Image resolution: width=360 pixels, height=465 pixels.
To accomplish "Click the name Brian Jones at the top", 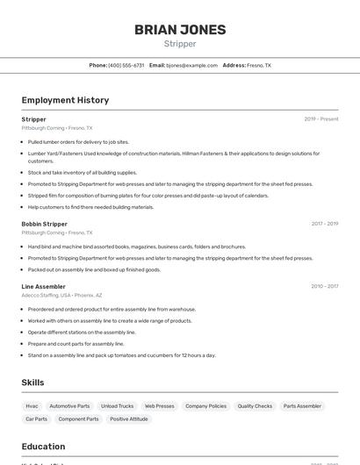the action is (x=180, y=29).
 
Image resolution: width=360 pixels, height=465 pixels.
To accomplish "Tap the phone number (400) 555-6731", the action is (x=126, y=65).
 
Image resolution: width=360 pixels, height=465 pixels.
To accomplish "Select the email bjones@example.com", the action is (x=191, y=65).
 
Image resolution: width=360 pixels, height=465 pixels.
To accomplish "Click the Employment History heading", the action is (x=65, y=100).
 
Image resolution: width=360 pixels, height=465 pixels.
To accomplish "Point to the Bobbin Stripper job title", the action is (x=44, y=224).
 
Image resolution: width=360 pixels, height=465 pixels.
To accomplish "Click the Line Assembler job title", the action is (x=43, y=286).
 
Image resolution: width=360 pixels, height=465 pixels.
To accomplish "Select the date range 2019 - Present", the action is (x=320, y=118).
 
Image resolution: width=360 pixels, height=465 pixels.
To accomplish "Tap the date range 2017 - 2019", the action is (x=324, y=224).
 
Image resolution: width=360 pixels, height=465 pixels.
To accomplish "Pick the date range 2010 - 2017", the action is (x=324, y=286).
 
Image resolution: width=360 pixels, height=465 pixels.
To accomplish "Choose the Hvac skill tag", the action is (x=32, y=406).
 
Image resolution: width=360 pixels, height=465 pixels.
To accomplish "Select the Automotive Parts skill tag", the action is (x=69, y=406).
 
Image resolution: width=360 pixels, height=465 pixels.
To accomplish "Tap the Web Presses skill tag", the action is (x=159, y=406).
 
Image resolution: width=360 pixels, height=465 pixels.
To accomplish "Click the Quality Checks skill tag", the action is (x=255, y=406).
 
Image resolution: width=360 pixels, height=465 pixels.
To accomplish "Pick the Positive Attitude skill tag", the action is (x=130, y=419).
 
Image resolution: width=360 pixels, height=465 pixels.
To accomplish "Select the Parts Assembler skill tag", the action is (x=302, y=406).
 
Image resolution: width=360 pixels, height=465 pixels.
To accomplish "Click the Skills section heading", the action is (x=33, y=383).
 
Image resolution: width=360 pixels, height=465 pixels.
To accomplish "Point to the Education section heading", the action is (x=43, y=447).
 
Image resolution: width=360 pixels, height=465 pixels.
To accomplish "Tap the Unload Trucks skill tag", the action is (x=117, y=406).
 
